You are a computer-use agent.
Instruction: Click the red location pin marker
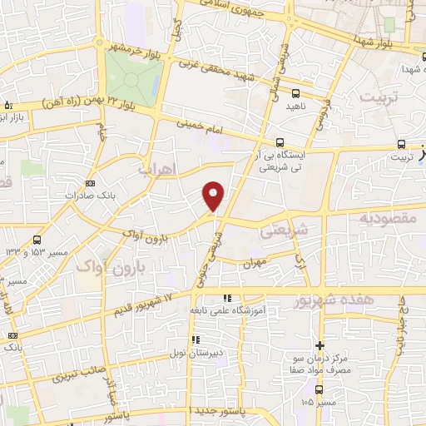pos(214,196)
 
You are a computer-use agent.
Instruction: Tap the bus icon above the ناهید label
pos(295,92)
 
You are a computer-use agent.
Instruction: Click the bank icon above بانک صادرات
pos(91,183)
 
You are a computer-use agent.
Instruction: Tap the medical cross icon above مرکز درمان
pos(319,345)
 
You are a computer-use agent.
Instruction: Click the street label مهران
pos(253,264)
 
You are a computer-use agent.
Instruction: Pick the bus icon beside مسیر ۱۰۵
pos(319,389)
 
